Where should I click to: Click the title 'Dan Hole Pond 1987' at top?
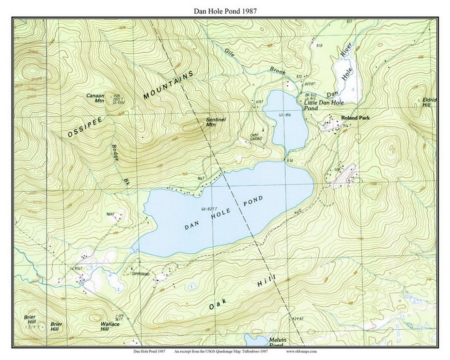coord(225,11)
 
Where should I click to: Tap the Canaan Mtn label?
coord(95,98)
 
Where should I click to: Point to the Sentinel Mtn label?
coord(216,122)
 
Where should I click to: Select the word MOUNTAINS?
coord(169,85)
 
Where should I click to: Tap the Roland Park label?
coord(355,118)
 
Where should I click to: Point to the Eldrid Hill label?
coord(429,102)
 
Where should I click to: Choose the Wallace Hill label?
coord(110,326)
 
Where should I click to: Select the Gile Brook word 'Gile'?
coord(230,52)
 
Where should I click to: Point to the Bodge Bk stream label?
coord(119,162)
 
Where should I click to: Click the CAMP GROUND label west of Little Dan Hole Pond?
coord(256,137)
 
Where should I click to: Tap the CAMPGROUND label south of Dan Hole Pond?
coord(140,274)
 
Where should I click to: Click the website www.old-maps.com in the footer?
coord(301,351)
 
